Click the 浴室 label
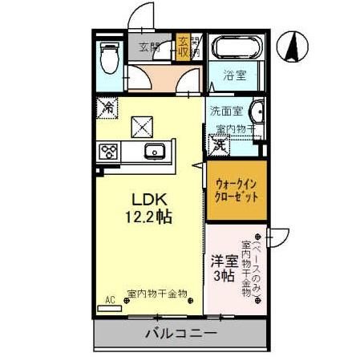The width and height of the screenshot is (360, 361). click(x=234, y=75)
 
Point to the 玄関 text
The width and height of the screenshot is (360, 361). click(x=149, y=47)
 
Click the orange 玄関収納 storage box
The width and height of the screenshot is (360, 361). click(x=184, y=47)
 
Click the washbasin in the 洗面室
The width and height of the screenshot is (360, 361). click(x=257, y=112)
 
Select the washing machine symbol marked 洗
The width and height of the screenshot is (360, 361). click(x=218, y=144)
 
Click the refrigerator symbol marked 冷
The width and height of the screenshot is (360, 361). click(x=107, y=105)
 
